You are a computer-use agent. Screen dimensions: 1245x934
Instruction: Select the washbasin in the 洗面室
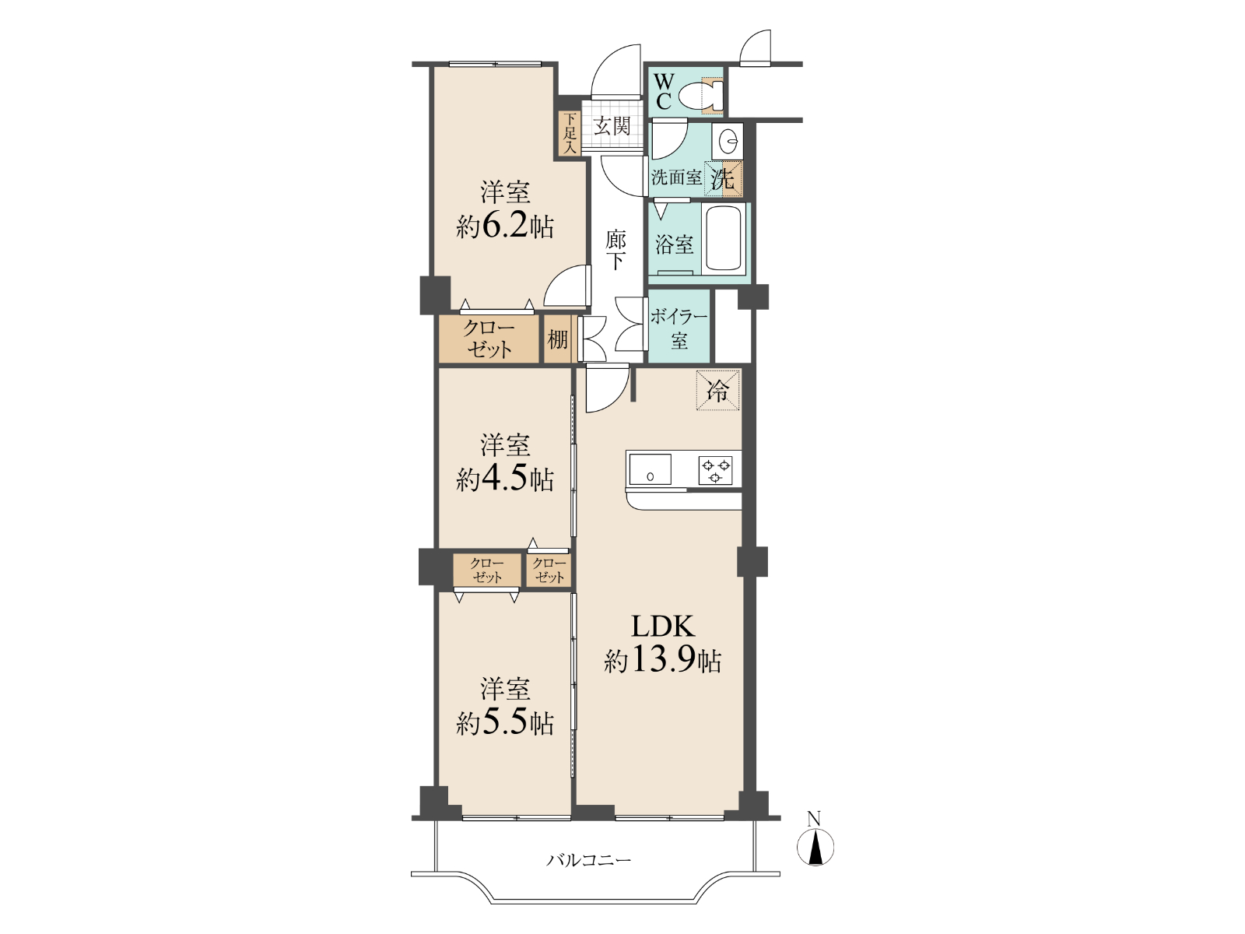coord(727,139)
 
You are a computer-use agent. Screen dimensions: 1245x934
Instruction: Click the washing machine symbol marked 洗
coord(723,179)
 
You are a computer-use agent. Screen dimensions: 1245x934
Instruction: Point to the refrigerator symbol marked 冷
coord(717,390)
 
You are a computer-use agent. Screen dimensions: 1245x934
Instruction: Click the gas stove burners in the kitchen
coord(716,470)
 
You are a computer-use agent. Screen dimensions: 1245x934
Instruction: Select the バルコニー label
coord(589,861)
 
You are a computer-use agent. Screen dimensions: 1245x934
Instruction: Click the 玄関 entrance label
coord(612,125)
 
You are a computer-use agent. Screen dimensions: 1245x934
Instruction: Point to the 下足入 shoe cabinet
coord(570,133)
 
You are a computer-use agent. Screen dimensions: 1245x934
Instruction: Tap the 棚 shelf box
coord(558,339)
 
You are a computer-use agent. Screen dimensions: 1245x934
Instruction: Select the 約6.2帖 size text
coord(505,227)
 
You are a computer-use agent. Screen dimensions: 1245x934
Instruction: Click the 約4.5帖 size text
coord(505,479)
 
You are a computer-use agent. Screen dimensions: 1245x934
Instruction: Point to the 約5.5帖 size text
coord(505,724)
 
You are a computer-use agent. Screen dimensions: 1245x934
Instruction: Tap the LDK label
coord(662,627)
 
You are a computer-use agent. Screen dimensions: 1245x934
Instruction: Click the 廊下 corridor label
coord(615,250)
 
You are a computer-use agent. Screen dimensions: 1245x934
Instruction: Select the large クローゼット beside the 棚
coord(489,339)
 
